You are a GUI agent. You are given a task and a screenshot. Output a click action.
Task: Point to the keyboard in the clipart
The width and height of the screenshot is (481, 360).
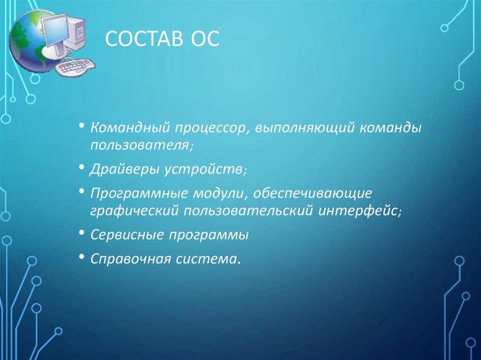[74, 67]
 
